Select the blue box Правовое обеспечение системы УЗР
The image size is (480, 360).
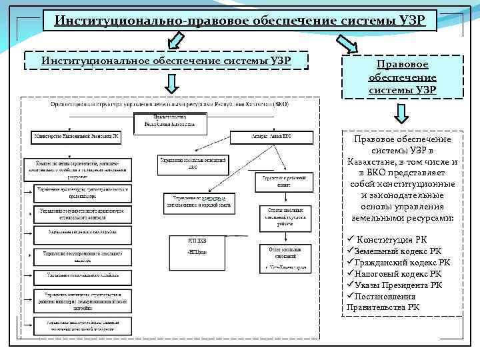[x=402, y=77]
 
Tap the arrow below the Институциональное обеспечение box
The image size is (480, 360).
[x=171, y=84]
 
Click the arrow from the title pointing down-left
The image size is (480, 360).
[x=175, y=42]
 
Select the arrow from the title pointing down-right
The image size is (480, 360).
[x=347, y=45]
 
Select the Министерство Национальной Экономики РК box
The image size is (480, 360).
[x=77, y=137]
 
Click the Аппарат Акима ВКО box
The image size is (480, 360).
[x=271, y=137]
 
